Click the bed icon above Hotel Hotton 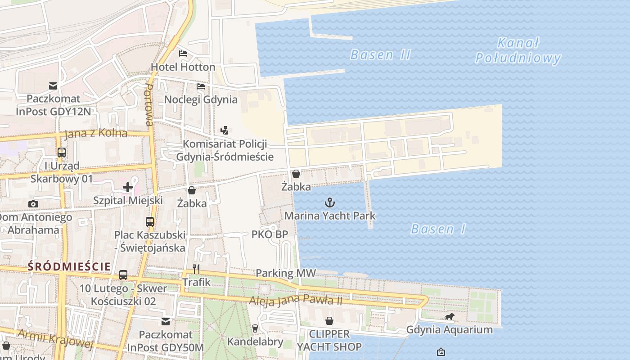pos(183,54)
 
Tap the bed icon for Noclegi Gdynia pos(201,86)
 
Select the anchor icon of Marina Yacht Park pos(330,202)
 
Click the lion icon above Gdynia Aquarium pos(449,317)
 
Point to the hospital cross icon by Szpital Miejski pos(128,187)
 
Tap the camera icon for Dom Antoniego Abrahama pos(33,204)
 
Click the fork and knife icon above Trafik pos(196,269)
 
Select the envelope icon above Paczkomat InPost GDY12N pos(53,85)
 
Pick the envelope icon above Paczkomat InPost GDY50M pos(166,322)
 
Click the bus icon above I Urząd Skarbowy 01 pos(62,153)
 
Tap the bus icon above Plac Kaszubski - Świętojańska pos(150,222)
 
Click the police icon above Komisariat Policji pos(224,130)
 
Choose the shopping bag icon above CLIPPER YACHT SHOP pos(329,321)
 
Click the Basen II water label pos(380,55)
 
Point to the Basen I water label pos(438,229)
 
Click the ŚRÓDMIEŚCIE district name pos(69,266)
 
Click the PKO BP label pos(270,234)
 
